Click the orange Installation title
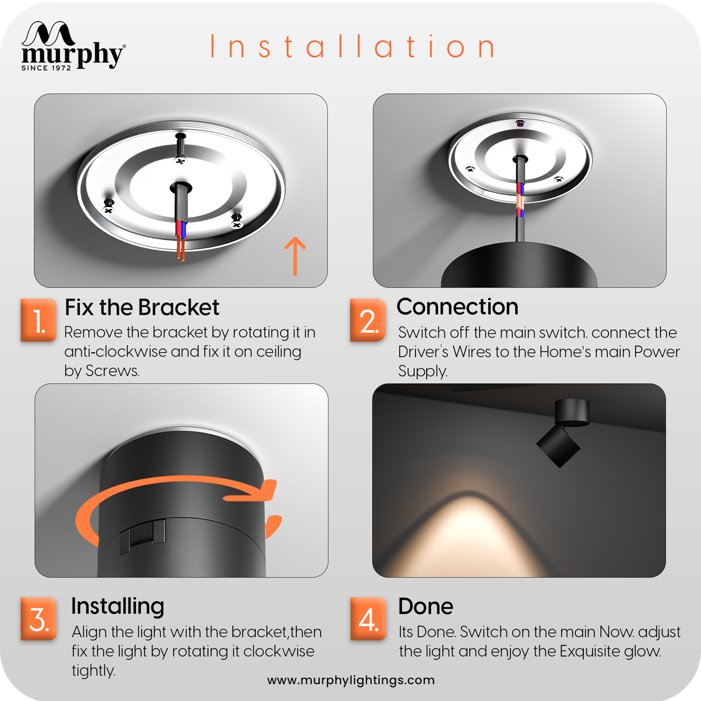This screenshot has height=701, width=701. [x=353, y=46]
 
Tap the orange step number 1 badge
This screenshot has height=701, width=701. [x=39, y=321]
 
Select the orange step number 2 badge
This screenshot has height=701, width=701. [x=368, y=321]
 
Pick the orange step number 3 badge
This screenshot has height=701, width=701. [x=39, y=619]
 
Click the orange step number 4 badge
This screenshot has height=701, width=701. [x=368, y=619]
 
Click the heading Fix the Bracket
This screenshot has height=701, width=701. [x=142, y=308]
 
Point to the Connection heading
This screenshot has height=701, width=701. [x=458, y=307]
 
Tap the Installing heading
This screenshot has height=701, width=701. [x=118, y=607]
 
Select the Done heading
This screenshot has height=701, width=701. [x=426, y=607]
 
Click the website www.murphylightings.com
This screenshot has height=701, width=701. [x=351, y=680]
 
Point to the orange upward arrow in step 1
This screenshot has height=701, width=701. [x=295, y=256]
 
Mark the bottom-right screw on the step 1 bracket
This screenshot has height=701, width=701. [x=237, y=221]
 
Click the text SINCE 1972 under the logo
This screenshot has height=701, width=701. [x=46, y=68]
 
